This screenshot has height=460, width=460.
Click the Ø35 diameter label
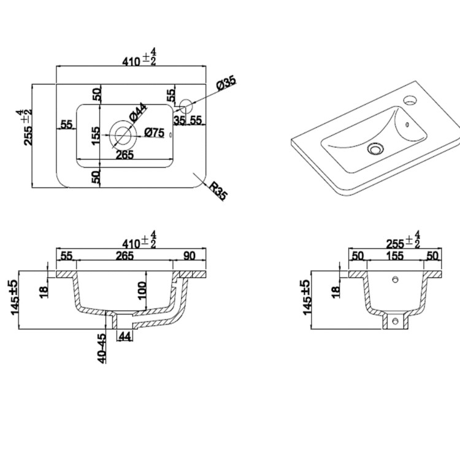(x=226, y=84)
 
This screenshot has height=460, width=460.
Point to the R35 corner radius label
(x=217, y=191)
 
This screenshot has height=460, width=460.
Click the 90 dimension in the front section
(x=189, y=255)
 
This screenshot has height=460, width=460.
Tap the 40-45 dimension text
(x=102, y=347)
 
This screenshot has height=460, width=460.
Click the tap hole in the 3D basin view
(x=409, y=98)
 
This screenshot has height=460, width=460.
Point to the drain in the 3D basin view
(x=374, y=148)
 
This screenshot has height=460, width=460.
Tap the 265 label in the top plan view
(x=125, y=155)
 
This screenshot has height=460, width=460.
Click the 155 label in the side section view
(x=395, y=255)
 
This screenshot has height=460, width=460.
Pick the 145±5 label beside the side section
(x=307, y=297)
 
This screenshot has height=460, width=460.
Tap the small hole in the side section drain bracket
(x=396, y=320)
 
